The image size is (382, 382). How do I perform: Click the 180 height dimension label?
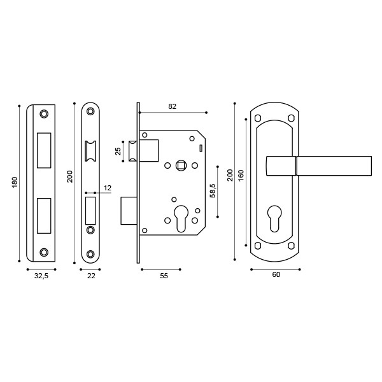[x=14, y=182]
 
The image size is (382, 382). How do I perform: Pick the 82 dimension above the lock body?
[x=172, y=107]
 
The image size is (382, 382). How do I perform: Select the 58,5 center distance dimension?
[x=214, y=190]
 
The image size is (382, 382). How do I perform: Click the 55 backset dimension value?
[x=163, y=275]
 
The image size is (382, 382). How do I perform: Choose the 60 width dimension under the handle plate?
[x=276, y=275]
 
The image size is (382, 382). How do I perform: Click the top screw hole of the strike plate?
[x=44, y=114]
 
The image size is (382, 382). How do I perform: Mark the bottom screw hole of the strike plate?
[x=44, y=252]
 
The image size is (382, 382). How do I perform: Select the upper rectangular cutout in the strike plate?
[x=44, y=150]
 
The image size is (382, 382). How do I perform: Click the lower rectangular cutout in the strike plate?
[x=44, y=215]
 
